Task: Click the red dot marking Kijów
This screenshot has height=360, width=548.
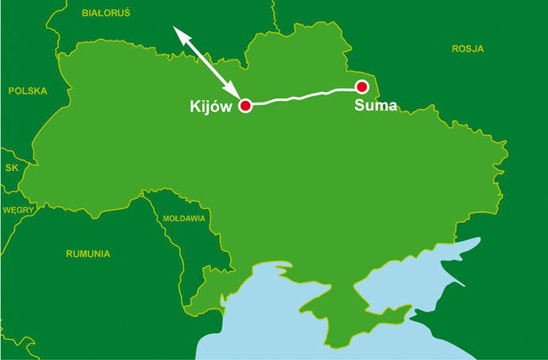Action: pyautogui.click(x=245, y=106)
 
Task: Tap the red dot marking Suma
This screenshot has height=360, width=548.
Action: pyautogui.click(x=362, y=87)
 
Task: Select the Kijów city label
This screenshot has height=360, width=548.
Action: pyautogui.click(x=210, y=106)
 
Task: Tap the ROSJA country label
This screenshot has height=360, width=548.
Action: pyautogui.click(x=468, y=48)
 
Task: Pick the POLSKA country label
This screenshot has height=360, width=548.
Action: pyautogui.click(x=28, y=91)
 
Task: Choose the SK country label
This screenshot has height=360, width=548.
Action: pyautogui.click(x=11, y=168)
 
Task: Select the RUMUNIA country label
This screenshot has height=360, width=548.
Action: pyautogui.click(x=88, y=254)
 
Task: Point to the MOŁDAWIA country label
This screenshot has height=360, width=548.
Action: pyautogui.click(x=183, y=218)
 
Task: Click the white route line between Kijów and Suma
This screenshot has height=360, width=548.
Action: pyautogui.click(x=302, y=97)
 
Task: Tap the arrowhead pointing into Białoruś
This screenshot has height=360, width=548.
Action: pyautogui.click(x=179, y=31)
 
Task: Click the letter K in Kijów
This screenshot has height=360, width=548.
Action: pyautogui.click(x=195, y=106)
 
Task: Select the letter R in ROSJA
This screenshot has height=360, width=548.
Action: pyautogui.click(x=456, y=48)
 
